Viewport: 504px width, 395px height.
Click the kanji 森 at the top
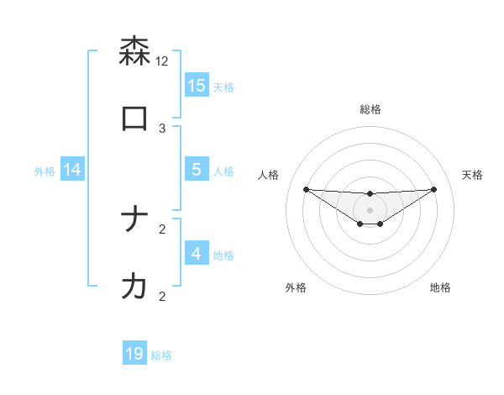[x=134, y=51]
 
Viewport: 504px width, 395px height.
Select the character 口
[x=134, y=118]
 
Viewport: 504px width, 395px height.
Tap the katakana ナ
[x=134, y=219]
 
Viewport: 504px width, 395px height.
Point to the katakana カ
[x=134, y=287]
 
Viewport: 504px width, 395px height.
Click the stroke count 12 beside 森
[x=162, y=61]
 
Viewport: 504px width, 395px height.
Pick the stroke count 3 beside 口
[x=162, y=128]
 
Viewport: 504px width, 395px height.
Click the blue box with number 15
[x=197, y=86]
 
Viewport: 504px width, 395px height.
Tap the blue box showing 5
[x=197, y=170]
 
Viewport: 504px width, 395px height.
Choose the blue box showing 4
[x=197, y=254]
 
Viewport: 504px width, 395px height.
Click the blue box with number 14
[x=72, y=170]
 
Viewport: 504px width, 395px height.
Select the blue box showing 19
[x=134, y=354]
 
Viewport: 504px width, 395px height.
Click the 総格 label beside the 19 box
[x=161, y=355]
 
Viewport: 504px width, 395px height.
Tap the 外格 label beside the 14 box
[x=45, y=171]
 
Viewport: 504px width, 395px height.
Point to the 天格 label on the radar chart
[x=472, y=175]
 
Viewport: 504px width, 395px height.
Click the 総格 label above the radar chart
[x=370, y=109]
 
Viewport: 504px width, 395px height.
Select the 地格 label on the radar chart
[x=440, y=287]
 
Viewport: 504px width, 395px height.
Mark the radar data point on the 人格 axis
[x=306, y=189]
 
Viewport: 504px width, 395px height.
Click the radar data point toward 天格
[x=434, y=189]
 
